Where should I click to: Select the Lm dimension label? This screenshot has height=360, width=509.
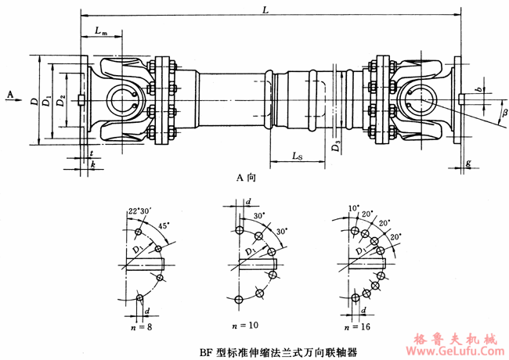100,31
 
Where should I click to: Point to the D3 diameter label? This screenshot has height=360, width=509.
335,144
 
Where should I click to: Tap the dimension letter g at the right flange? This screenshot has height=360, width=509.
467,163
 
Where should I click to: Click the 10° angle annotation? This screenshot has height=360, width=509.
354,209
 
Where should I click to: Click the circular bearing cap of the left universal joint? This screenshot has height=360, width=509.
121,101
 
